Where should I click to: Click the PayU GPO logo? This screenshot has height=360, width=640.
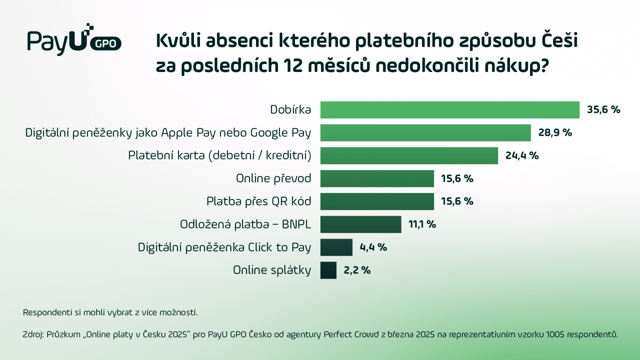[x=74, y=40]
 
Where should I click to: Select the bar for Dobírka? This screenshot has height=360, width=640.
[x=450, y=110]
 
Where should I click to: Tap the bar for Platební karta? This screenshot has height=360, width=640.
[x=409, y=156]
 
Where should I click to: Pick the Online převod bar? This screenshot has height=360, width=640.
[x=377, y=178]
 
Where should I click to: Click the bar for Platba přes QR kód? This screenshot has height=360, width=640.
[x=377, y=201]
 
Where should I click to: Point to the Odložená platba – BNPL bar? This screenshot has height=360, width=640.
[x=360, y=224]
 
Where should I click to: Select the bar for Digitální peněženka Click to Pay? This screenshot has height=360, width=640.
[x=336, y=247]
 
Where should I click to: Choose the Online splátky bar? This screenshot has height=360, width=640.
[x=328, y=270]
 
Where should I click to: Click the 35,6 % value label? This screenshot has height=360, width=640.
[x=603, y=110]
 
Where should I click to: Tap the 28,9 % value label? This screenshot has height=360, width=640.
[x=555, y=132]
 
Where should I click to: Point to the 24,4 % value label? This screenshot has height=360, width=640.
[x=522, y=156]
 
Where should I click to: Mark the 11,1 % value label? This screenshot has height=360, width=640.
[x=422, y=224]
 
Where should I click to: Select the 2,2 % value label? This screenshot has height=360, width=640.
[x=357, y=270]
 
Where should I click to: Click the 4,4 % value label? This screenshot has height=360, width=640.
[x=373, y=247]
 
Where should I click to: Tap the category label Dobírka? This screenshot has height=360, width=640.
[x=290, y=110]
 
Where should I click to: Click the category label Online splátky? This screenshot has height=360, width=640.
[x=272, y=270]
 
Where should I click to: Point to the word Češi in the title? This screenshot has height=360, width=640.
[x=560, y=40]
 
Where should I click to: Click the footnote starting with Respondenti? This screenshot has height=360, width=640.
[x=110, y=312]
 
